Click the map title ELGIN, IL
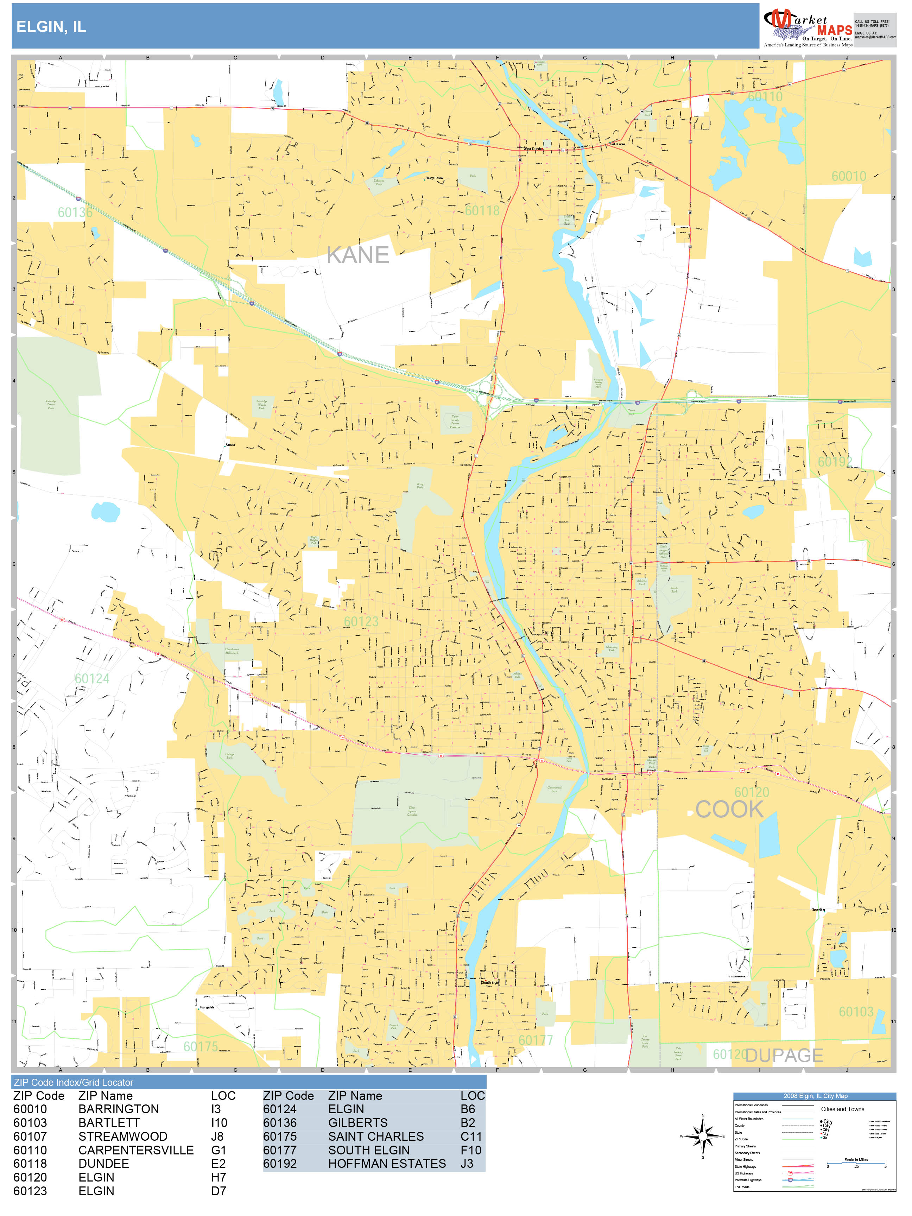[51, 27]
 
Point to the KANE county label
[357, 255]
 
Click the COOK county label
[729, 809]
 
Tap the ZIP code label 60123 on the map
[361, 622]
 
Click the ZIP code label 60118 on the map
[482, 210]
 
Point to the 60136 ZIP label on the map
[75, 212]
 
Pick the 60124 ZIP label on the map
[92, 679]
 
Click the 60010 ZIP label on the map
[848, 177]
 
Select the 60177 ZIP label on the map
[536, 1040]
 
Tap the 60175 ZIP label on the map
[201, 1047]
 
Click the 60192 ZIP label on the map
[835, 462]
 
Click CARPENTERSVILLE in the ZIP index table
[136, 1150]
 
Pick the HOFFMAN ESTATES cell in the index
[387, 1164]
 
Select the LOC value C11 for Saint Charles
[471, 1136]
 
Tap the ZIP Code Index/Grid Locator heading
[74, 1082]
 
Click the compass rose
[703, 1136]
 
